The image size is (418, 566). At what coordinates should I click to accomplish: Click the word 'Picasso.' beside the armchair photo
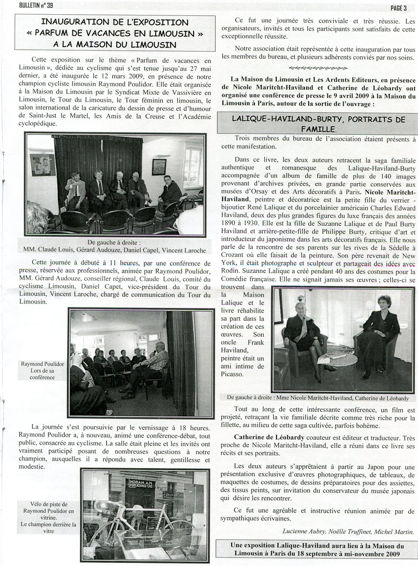tap(232, 374)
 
